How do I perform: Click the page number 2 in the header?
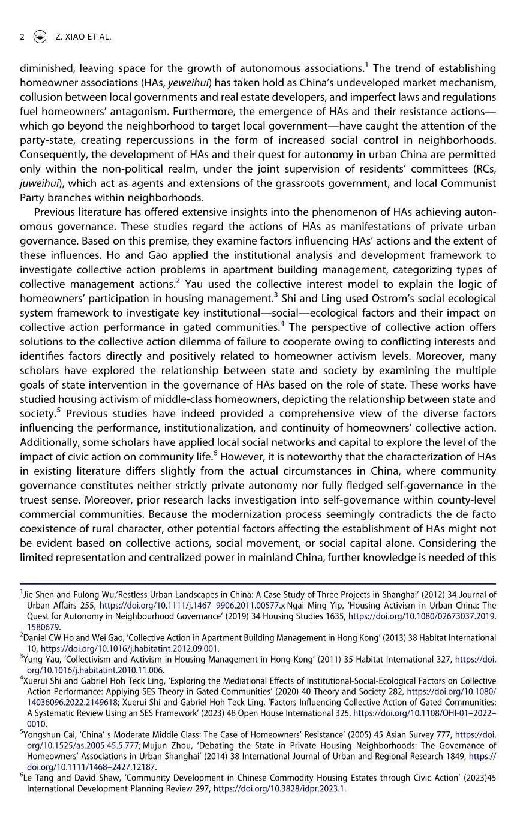pyautogui.click(x=22, y=37)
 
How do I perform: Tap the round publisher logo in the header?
pyautogui.click(x=40, y=37)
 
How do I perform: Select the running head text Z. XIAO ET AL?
pyautogui.click(x=83, y=37)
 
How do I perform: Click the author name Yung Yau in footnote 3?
pyautogui.click(x=42, y=659)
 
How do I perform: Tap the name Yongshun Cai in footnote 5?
pyautogui.click(x=50, y=734)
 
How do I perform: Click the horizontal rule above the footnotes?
pyautogui.click(x=258, y=583)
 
